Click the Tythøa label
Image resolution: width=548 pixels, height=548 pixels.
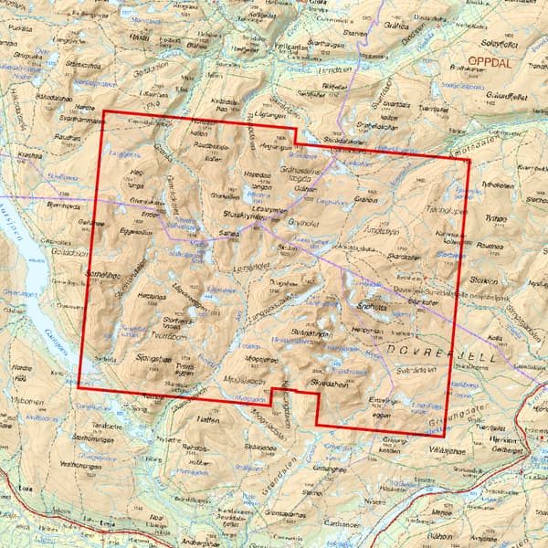496,219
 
